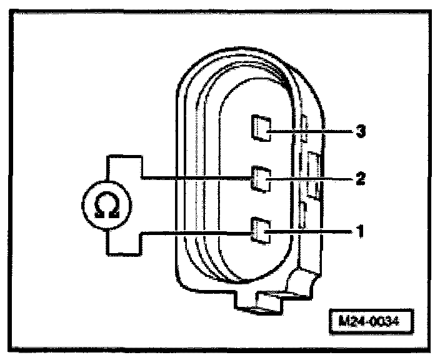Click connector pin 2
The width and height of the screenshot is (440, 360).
[259, 179]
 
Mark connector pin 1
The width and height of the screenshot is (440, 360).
[259, 229]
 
